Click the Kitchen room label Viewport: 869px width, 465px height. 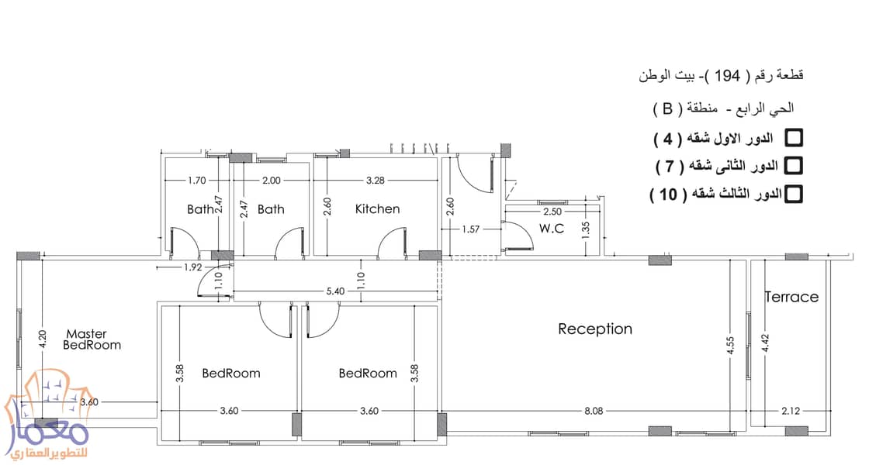[x=377, y=208]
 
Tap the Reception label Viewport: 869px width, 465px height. [x=594, y=329]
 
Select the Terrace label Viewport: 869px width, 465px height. [x=791, y=298]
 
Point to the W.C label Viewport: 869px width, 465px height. [x=552, y=228]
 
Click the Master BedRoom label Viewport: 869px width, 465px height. [x=92, y=339]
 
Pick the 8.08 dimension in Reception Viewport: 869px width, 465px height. [x=594, y=411]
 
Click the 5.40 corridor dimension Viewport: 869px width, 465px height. [x=335, y=291]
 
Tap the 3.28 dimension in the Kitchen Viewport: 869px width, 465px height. [x=376, y=180]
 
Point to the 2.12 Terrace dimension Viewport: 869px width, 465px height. [x=791, y=411]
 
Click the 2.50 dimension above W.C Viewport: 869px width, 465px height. [x=552, y=212]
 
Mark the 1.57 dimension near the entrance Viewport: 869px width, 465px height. [x=470, y=229]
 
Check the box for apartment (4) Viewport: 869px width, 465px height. [x=794, y=138]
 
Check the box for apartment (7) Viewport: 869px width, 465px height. [x=794, y=165]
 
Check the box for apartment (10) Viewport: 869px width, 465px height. [x=794, y=194]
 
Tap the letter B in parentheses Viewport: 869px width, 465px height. [x=667, y=108]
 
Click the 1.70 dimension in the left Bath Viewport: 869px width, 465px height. [x=197, y=180]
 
